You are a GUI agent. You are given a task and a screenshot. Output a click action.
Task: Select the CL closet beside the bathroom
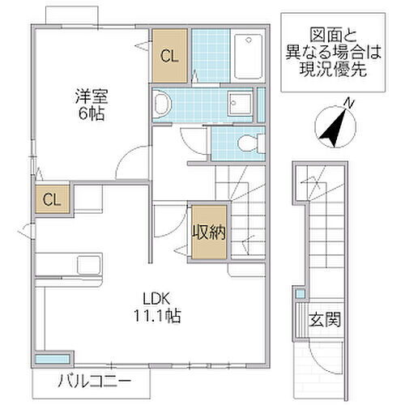point(168,56)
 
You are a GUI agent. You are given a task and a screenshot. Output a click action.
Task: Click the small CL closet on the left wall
point(50,198)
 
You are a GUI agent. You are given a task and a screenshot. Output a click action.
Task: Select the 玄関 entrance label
point(323,319)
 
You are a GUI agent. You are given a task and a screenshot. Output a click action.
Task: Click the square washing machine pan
point(241,103)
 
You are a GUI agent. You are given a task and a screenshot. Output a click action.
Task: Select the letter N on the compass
point(348,104)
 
